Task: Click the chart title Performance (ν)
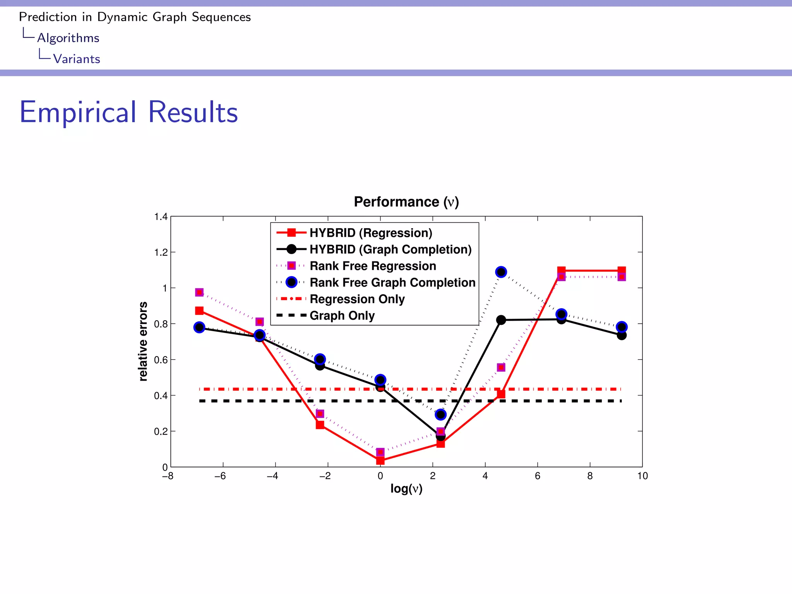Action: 406,202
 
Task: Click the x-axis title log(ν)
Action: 406,488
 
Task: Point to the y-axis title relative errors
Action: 143,341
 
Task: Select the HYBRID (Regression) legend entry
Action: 370,233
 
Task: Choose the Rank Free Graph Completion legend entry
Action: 392,282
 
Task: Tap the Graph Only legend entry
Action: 342,316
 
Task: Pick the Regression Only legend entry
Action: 357,299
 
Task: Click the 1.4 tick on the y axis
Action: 161,217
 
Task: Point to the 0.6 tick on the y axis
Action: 161,360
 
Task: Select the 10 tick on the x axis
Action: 642,476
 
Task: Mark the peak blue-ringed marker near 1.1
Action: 501,272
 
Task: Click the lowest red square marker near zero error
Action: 380,460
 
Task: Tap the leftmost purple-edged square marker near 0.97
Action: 199,292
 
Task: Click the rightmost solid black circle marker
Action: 621,335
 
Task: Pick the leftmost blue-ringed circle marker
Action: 199,328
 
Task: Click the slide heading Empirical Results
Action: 128,112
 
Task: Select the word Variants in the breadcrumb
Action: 77,59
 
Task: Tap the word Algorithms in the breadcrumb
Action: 68,38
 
